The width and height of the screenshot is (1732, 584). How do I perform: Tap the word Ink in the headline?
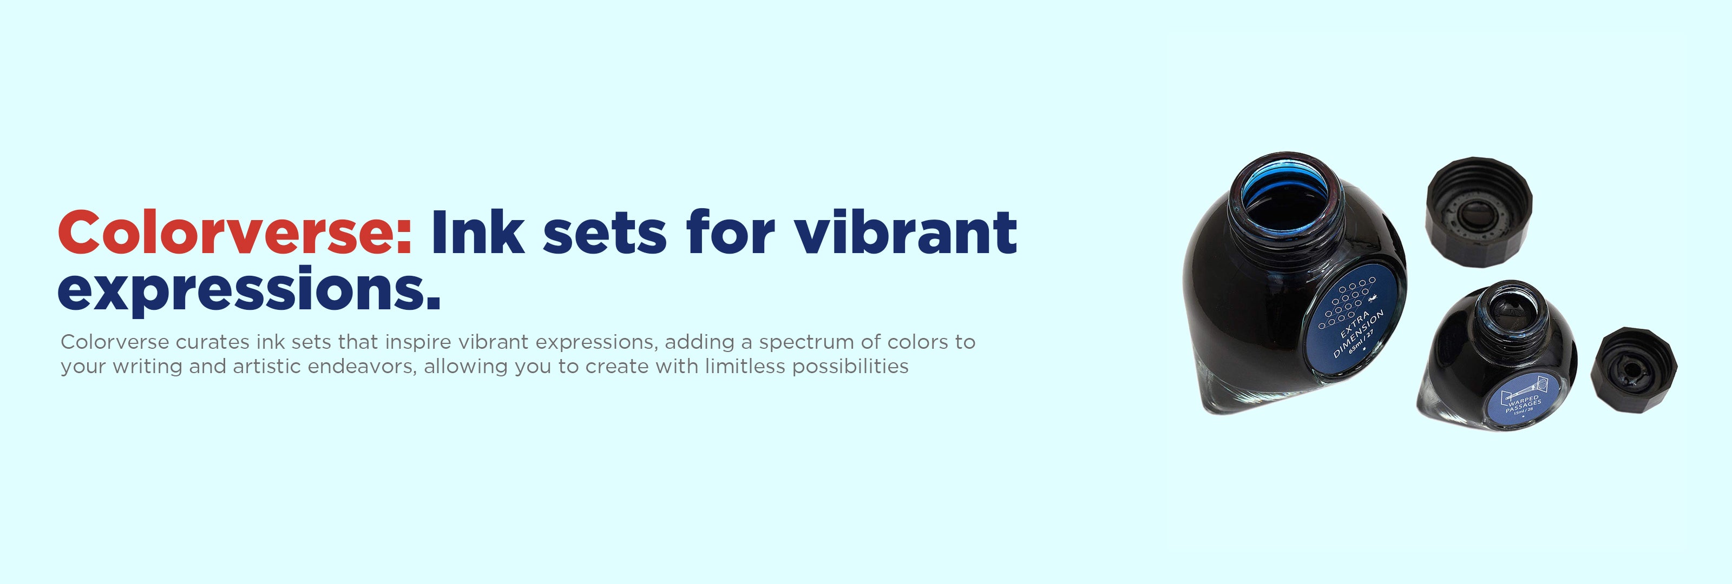click(478, 232)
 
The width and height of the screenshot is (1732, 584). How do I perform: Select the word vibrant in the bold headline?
click(906, 232)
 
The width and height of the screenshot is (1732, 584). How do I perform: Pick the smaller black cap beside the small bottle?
click(1634, 370)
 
